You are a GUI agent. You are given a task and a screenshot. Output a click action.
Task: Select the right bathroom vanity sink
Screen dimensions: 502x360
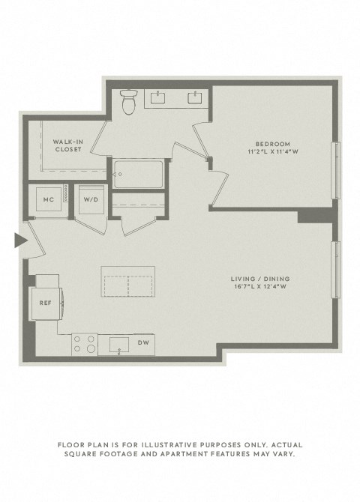[x=196, y=97]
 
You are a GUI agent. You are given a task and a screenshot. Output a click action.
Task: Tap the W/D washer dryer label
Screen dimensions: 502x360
[x=91, y=200]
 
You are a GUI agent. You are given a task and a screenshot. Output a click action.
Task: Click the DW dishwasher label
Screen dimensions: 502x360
[x=143, y=343]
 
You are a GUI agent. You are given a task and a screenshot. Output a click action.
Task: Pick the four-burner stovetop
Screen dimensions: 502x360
[x=84, y=344]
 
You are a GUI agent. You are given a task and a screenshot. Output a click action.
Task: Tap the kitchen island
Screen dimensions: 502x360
[x=129, y=285]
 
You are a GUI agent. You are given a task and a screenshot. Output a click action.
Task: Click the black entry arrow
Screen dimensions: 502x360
[x=20, y=240]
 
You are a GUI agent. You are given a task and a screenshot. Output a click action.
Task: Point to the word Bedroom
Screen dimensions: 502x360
[x=272, y=144]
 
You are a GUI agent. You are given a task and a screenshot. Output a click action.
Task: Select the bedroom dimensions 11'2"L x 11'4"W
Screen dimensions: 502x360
[x=272, y=152]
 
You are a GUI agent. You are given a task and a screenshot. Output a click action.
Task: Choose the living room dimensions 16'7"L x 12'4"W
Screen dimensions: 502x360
[x=257, y=288]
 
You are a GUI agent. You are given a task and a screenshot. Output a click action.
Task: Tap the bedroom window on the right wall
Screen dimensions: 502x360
[x=337, y=171]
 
